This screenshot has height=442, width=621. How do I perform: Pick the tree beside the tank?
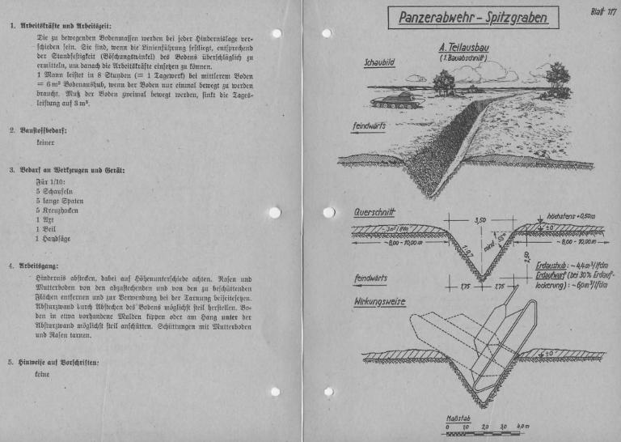click(445, 80)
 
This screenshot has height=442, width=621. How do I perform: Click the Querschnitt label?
click(374, 213)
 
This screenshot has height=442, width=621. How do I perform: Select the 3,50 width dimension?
click(479, 220)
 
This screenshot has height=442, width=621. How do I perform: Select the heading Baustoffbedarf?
click(49, 129)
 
